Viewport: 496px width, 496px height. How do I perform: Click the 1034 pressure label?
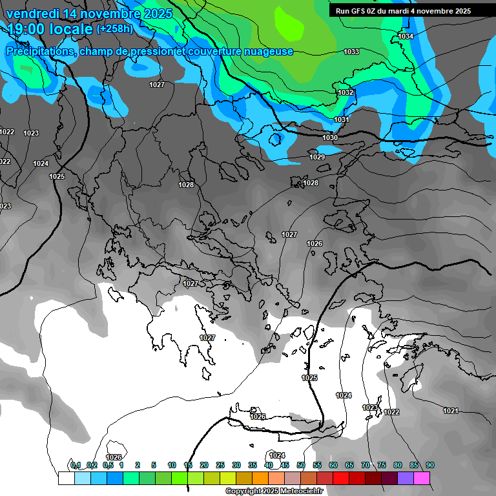click(406, 36)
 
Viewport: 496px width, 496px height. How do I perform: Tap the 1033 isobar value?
click(351, 52)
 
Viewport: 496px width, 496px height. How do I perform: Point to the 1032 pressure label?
click(346, 93)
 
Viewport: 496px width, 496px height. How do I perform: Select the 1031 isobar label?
click(342, 120)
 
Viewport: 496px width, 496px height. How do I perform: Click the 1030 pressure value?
click(329, 138)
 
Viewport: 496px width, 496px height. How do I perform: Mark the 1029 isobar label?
click(316, 157)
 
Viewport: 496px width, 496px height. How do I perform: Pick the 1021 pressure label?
click(450, 411)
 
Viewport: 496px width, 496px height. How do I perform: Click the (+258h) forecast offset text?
click(116, 29)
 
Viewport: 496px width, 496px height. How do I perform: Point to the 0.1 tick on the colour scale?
click(76, 465)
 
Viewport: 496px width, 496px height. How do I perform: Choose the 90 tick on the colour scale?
click(430, 465)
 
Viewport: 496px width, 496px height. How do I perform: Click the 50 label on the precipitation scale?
click(301, 465)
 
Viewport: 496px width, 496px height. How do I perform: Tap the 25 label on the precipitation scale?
click(220, 465)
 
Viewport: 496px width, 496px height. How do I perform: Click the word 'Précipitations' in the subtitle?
click(40, 52)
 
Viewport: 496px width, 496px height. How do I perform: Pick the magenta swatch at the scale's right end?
click(422, 478)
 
